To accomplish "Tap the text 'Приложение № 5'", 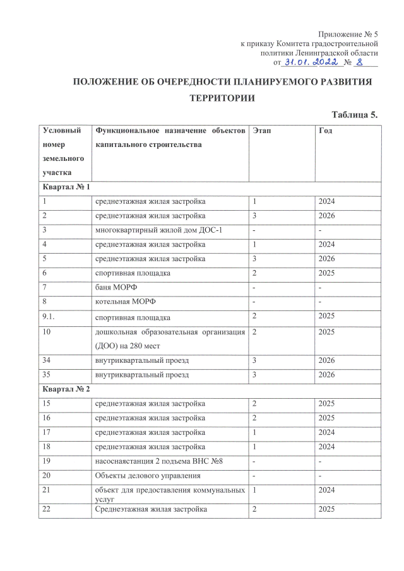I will [347, 33].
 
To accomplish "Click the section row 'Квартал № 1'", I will [66, 187].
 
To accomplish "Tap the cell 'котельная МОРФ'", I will [125, 302].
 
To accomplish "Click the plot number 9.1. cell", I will [49, 317].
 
